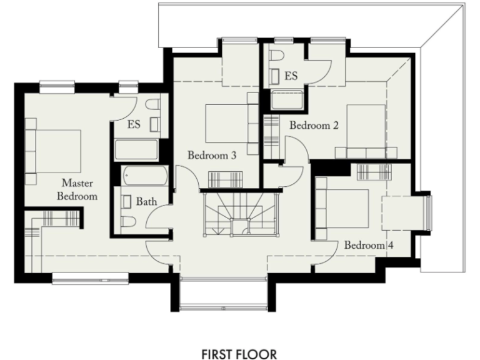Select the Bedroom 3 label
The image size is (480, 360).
[212, 156]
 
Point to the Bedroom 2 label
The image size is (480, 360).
[313, 126]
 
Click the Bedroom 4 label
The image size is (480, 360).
[369, 245]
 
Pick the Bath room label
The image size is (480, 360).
[146, 202]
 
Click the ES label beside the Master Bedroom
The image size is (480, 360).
[133, 124]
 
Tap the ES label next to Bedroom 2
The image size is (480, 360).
[291, 76]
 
